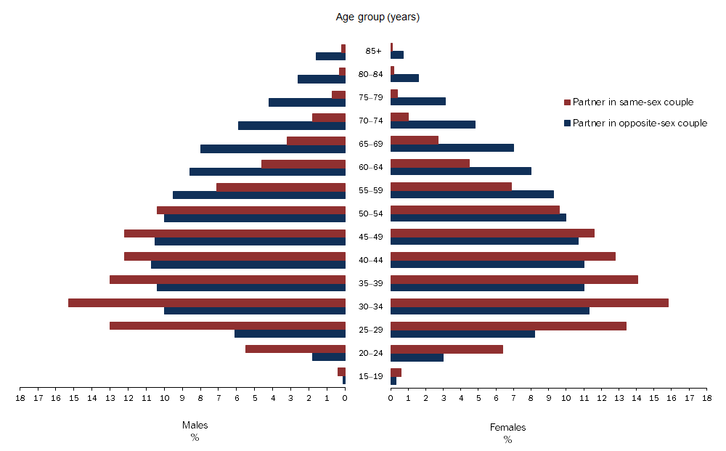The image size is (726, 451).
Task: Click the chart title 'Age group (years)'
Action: coord(378,17)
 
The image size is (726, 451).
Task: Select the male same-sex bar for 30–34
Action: coord(207,303)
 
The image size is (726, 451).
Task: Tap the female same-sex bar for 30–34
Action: coord(529,303)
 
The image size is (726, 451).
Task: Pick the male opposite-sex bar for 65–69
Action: coord(273,149)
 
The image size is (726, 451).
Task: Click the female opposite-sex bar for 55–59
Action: coord(472,195)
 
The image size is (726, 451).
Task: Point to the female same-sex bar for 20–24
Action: coord(446,349)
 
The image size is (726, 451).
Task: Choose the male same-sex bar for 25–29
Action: coord(227,326)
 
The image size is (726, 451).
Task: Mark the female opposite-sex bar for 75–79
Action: coord(418,102)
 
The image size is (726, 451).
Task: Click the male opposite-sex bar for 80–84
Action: coord(322,79)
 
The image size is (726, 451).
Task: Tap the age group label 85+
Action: coord(374,51)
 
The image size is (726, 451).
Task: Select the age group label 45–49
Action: coord(370,237)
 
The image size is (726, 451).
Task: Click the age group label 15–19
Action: coord(370,376)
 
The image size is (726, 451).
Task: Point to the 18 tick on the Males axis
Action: coord(20,397)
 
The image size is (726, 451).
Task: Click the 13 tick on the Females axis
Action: coord(619,397)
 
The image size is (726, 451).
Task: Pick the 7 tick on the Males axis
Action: coord(219,397)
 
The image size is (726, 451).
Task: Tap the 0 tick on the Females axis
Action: coord(391,397)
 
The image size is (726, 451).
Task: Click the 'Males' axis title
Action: coord(195,426)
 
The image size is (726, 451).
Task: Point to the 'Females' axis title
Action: coord(507,428)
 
